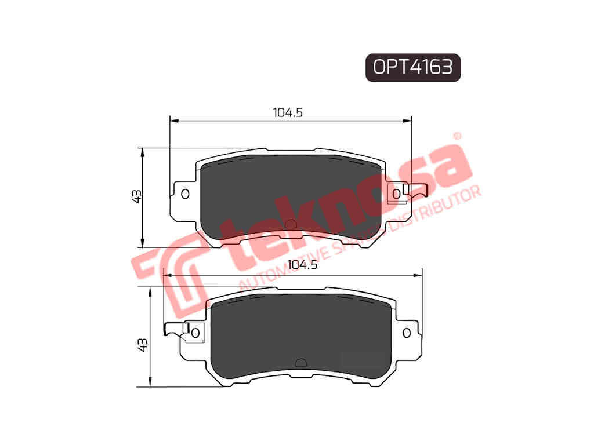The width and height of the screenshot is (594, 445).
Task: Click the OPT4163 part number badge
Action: [412, 68]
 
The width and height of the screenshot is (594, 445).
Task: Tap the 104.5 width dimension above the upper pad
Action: [288, 113]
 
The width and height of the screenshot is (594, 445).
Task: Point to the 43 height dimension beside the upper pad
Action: [137, 196]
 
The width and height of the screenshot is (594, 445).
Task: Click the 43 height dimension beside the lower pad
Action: [143, 344]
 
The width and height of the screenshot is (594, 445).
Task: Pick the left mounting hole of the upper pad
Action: [185, 194]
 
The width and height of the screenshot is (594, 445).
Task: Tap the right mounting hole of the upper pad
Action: [397, 194]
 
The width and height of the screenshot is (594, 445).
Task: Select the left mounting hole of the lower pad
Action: [195, 332]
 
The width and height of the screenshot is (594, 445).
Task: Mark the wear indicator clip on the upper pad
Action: [416, 189]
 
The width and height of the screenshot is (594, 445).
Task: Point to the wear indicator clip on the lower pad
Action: [175, 329]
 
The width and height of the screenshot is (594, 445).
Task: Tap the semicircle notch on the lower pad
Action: [300, 363]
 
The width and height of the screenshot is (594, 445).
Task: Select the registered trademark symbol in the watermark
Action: [457, 136]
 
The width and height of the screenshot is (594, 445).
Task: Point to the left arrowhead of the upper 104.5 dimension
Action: [173, 121]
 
